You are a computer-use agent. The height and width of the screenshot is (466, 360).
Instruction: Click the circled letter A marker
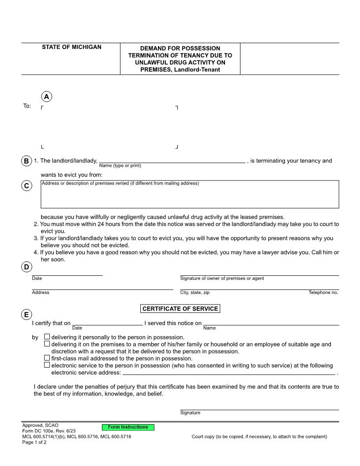(x=46, y=97)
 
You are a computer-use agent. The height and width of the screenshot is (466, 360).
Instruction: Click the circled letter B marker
(x=26, y=161)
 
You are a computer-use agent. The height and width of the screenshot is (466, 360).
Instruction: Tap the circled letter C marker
(x=26, y=186)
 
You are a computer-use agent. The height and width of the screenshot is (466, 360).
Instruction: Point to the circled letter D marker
(x=26, y=267)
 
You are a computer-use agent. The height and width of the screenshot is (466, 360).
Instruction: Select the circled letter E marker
(x=26, y=315)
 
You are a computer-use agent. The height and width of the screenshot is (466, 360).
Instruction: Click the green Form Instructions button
(x=128, y=427)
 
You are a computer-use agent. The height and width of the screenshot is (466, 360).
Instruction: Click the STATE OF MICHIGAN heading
(x=71, y=47)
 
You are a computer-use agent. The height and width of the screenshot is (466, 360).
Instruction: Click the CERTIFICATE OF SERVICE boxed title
(x=180, y=309)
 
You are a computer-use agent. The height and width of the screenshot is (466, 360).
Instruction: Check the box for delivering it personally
(x=47, y=337)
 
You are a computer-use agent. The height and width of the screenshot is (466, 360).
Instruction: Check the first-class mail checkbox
(x=47, y=358)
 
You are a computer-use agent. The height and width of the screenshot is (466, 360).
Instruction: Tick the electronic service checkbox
(x=47, y=365)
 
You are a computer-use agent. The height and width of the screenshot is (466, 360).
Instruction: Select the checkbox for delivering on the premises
(x=47, y=344)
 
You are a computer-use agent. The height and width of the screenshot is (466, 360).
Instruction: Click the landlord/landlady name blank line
(x=172, y=160)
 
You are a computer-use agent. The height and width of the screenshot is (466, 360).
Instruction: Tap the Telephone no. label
(x=323, y=293)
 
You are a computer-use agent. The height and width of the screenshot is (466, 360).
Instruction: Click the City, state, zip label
(x=195, y=293)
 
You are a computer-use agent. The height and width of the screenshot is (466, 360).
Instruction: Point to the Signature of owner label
(x=222, y=278)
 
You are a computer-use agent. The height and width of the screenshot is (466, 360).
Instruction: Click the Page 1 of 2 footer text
(x=34, y=442)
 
